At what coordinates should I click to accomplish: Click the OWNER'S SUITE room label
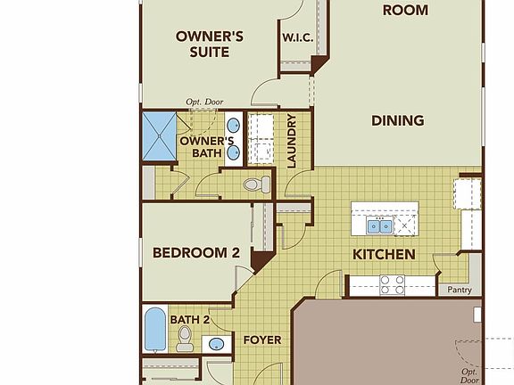tap(210, 44)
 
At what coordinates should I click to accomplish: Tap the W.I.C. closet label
tap(296, 38)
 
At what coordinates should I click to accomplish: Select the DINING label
tap(398, 120)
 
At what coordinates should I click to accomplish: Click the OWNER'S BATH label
tap(206, 147)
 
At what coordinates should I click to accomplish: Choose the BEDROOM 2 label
tap(196, 253)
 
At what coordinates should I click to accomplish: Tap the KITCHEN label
tap(384, 255)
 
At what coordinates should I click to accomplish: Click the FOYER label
tap(261, 340)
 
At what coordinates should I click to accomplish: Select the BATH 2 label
tap(190, 319)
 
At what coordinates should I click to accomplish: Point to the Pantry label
tap(460, 290)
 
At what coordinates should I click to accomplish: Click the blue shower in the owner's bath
tap(159, 135)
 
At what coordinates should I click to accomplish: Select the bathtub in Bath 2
tap(154, 330)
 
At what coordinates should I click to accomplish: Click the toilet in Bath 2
tap(186, 336)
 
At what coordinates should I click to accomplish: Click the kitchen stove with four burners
tap(393, 284)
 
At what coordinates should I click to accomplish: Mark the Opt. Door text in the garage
tap(469, 375)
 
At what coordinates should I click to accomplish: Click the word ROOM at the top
tap(404, 11)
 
